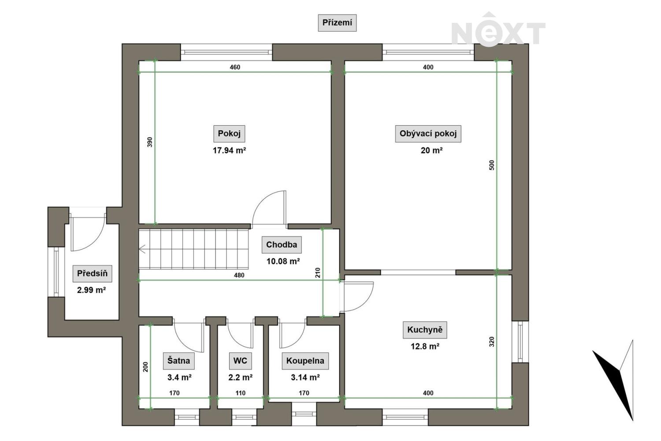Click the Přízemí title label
coord(337,23)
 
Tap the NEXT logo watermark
coord(498,30)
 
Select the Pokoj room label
coord(229,134)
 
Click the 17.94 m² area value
coord(229,151)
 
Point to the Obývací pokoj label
coord(428,134)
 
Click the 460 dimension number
coord(235,67)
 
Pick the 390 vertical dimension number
coord(150,142)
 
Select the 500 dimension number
coord(491,165)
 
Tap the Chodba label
coord(282,245)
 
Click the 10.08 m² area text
coord(283,262)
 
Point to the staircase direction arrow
coord(142,249)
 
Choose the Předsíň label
coord(93,273)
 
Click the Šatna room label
coord(179,361)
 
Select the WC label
coord(240,361)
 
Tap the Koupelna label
coord(305,361)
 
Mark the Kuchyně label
coord(425,329)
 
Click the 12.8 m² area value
coord(425,347)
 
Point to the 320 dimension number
coord(491,342)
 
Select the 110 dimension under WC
coord(241,393)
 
